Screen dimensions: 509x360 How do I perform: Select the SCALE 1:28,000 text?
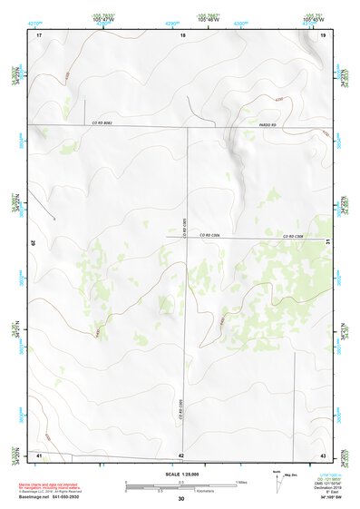click(x=180, y=473)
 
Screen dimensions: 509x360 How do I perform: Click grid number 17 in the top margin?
click(x=39, y=35)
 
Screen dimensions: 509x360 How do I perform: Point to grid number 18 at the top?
click(x=182, y=35)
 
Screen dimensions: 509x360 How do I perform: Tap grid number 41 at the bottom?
click(x=39, y=455)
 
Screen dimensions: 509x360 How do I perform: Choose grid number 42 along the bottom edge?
click(x=181, y=455)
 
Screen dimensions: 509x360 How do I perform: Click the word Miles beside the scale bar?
click(x=242, y=481)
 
